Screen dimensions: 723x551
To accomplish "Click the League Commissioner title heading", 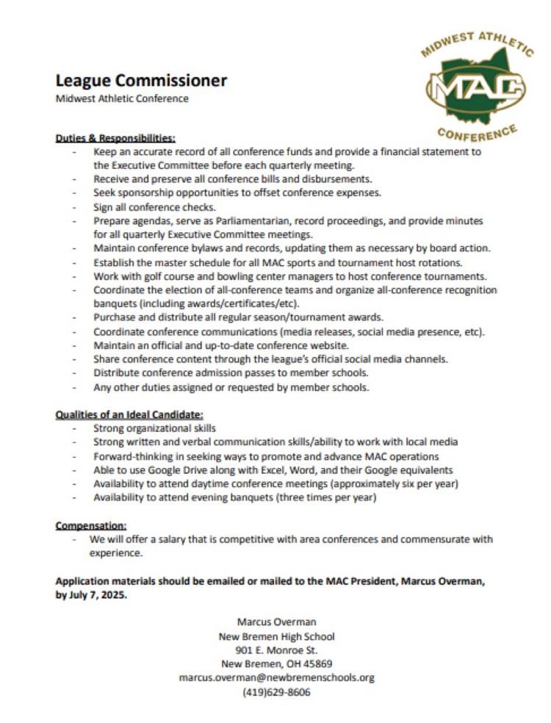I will (x=142, y=81).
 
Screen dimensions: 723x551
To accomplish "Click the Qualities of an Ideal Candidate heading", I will (x=129, y=414).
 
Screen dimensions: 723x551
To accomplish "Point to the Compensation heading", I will (x=91, y=525).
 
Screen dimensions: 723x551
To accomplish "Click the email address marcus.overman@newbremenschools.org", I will (x=276, y=677).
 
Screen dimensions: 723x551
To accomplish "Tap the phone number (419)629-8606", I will (x=276, y=691).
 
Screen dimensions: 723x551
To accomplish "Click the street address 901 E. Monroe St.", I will (x=276, y=650).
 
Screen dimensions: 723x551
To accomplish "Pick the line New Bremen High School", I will (x=276, y=636).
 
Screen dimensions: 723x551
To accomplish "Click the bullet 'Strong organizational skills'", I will (x=155, y=428).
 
